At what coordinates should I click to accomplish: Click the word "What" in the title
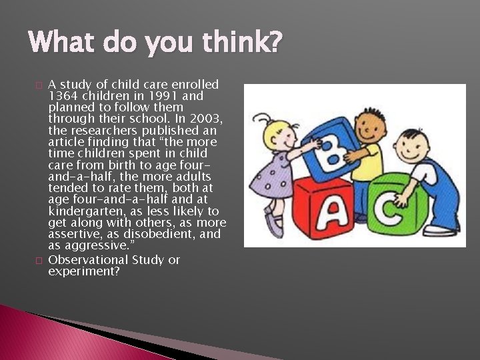61,43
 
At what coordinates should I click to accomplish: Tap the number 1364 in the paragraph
63,95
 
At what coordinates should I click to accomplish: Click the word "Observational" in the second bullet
88,260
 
